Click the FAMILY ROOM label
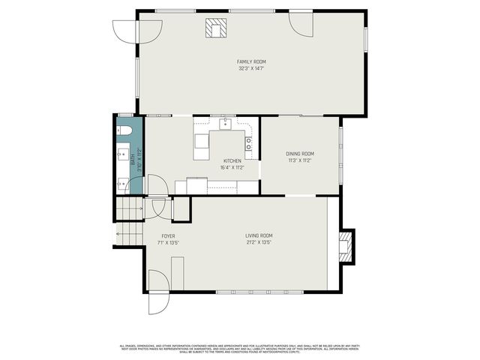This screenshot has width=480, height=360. pos(251,61)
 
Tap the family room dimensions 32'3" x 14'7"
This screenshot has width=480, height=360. pos(251,68)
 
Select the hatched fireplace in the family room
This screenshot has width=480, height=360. pos(215,28)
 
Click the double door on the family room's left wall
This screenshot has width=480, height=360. pos(126,31)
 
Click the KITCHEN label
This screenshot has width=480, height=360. pos(233,161)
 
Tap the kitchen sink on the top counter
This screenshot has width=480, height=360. pos(223,123)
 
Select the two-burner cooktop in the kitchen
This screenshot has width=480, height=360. pos(248,143)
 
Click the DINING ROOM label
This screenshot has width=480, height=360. pos(299,154)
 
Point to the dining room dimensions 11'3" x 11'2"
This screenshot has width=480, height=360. pos(299,160)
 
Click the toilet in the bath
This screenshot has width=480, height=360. pos(124,131)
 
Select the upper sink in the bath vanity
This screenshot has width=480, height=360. pos(121,155)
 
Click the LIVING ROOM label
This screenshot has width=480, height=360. pos(258,235)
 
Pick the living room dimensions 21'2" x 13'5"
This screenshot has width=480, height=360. pos(258,242)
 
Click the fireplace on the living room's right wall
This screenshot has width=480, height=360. pos(346,245)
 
